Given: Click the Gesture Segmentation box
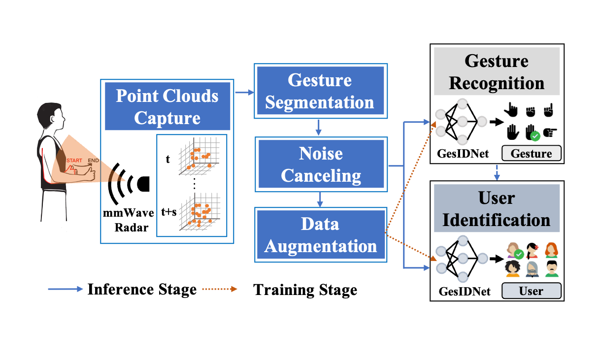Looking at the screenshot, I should pyautogui.click(x=319, y=91).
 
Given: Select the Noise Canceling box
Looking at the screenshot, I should pyautogui.click(x=320, y=165).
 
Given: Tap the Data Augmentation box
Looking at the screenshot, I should pyautogui.click(x=320, y=235).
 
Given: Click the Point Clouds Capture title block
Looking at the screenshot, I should pyautogui.click(x=167, y=106).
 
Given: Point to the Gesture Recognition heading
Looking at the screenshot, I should pyautogui.click(x=497, y=72).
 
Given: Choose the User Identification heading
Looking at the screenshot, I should pyautogui.click(x=497, y=208).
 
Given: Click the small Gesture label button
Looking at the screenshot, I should pyautogui.click(x=531, y=154).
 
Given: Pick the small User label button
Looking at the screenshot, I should pyautogui.click(x=531, y=291).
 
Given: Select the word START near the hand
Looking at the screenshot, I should pyautogui.click(x=74, y=161).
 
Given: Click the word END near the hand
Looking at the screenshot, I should pyautogui.click(x=93, y=161).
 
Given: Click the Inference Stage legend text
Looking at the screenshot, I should pyautogui.click(x=142, y=290).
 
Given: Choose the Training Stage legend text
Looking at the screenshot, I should pyautogui.click(x=305, y=290).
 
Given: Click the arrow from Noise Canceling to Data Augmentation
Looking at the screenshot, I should pyautogui.click(x=320, y=199).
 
